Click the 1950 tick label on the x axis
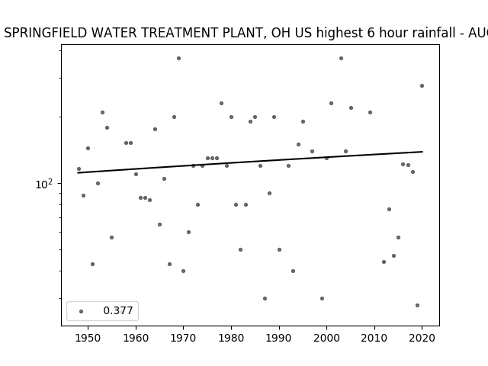point(88,338)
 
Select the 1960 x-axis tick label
point(136,338)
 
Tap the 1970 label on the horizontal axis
point(184,338)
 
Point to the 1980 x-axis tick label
point(231,338)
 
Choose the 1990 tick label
point(279,338)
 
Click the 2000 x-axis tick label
point(327,338)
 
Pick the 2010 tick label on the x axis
point(374,338)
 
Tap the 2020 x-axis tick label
point(422,338)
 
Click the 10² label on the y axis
point(44,184)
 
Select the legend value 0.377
point(118,310)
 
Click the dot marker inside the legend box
point(82,311)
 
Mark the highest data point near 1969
point(178,58)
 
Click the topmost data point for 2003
point(341,58)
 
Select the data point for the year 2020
point(422,86)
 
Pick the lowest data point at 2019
point(417,305)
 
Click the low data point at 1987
point(265,298)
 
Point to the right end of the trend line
point(422,152)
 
